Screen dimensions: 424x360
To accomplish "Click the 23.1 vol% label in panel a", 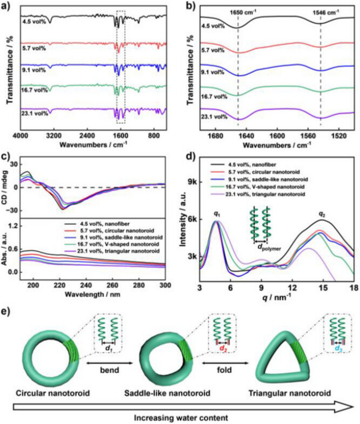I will pos(35,112).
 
